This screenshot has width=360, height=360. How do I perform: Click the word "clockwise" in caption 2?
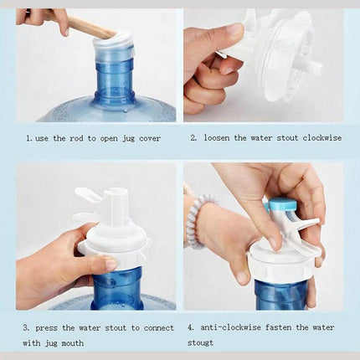tap(322, 137)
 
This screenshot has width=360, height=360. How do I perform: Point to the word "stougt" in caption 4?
tap(200, 342)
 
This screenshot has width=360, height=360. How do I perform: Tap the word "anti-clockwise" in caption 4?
tap(230, 327)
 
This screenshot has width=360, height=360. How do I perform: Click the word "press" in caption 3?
tap(47, 328)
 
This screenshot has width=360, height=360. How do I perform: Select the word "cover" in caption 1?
tap(150, 138)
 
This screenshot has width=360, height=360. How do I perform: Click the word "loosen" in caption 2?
tap(217, 137)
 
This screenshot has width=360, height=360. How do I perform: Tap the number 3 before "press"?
tap(26, 328)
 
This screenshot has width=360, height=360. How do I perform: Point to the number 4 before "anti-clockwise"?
tap(191, 327)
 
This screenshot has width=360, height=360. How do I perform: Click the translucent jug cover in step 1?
tap(112, 49)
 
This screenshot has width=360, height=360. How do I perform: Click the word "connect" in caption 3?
tap(159, 328)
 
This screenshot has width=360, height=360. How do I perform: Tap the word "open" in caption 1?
tap(109, 139)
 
